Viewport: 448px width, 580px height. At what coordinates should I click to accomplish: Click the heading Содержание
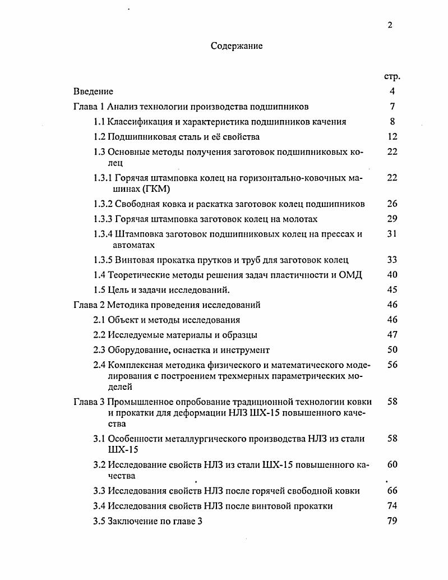pyautogui.click(x=237, y=47)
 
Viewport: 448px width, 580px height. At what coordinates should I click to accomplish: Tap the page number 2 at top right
pyautogui.click(x=390, y=25)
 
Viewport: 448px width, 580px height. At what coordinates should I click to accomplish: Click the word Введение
pyautogui.click(x=93, y=91)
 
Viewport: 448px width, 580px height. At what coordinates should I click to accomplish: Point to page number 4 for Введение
pyautogui.click(x=392, y=91)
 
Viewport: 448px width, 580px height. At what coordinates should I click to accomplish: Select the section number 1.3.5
pyautogui.click(x=103, y=260)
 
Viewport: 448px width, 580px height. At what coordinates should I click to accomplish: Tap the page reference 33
pyautogui.click(x=392, y=260)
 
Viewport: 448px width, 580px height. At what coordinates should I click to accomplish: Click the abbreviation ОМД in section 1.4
pyautogui.click(x=352, y=275)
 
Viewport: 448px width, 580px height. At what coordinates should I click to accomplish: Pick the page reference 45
pyautogui.click(x=392, y=290)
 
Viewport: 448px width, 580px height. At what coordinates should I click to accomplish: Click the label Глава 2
pyautogui.click(x=88, y=305)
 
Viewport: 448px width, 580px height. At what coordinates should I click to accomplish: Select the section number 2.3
pyautogui.click(x=99, y=350)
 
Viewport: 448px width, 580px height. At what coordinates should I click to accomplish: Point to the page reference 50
pyautogui.click(x=392, y=350)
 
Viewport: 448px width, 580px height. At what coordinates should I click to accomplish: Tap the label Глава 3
pyautogui.click(x=88, y=402)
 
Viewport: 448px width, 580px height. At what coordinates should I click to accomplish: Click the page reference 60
pyautogui.click(x=392, y=465)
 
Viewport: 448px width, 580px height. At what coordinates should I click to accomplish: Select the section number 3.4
pyautogui.click(x=99, y=506)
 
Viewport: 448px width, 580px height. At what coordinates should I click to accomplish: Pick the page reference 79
pyautogui.click(x=392, y=521)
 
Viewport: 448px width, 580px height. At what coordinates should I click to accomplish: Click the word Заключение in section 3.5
pyautogui.click(x=132, y=521)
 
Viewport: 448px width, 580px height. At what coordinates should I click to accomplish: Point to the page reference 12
pyautogui.click(x=392, y=137)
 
